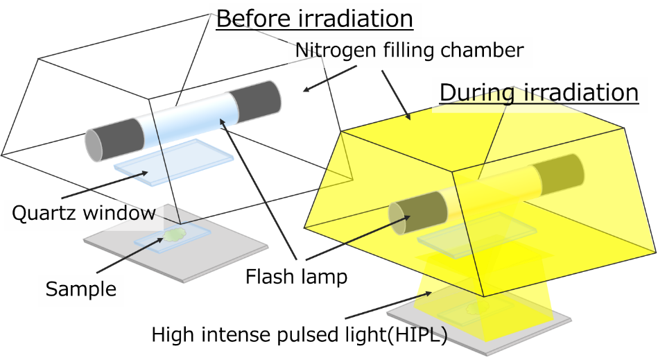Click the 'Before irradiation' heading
click(315, 19)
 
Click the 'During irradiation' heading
click(539, 92)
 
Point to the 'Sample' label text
click(81, 289)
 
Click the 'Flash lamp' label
click(296, 277)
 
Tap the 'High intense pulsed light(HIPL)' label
click(300, 336)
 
